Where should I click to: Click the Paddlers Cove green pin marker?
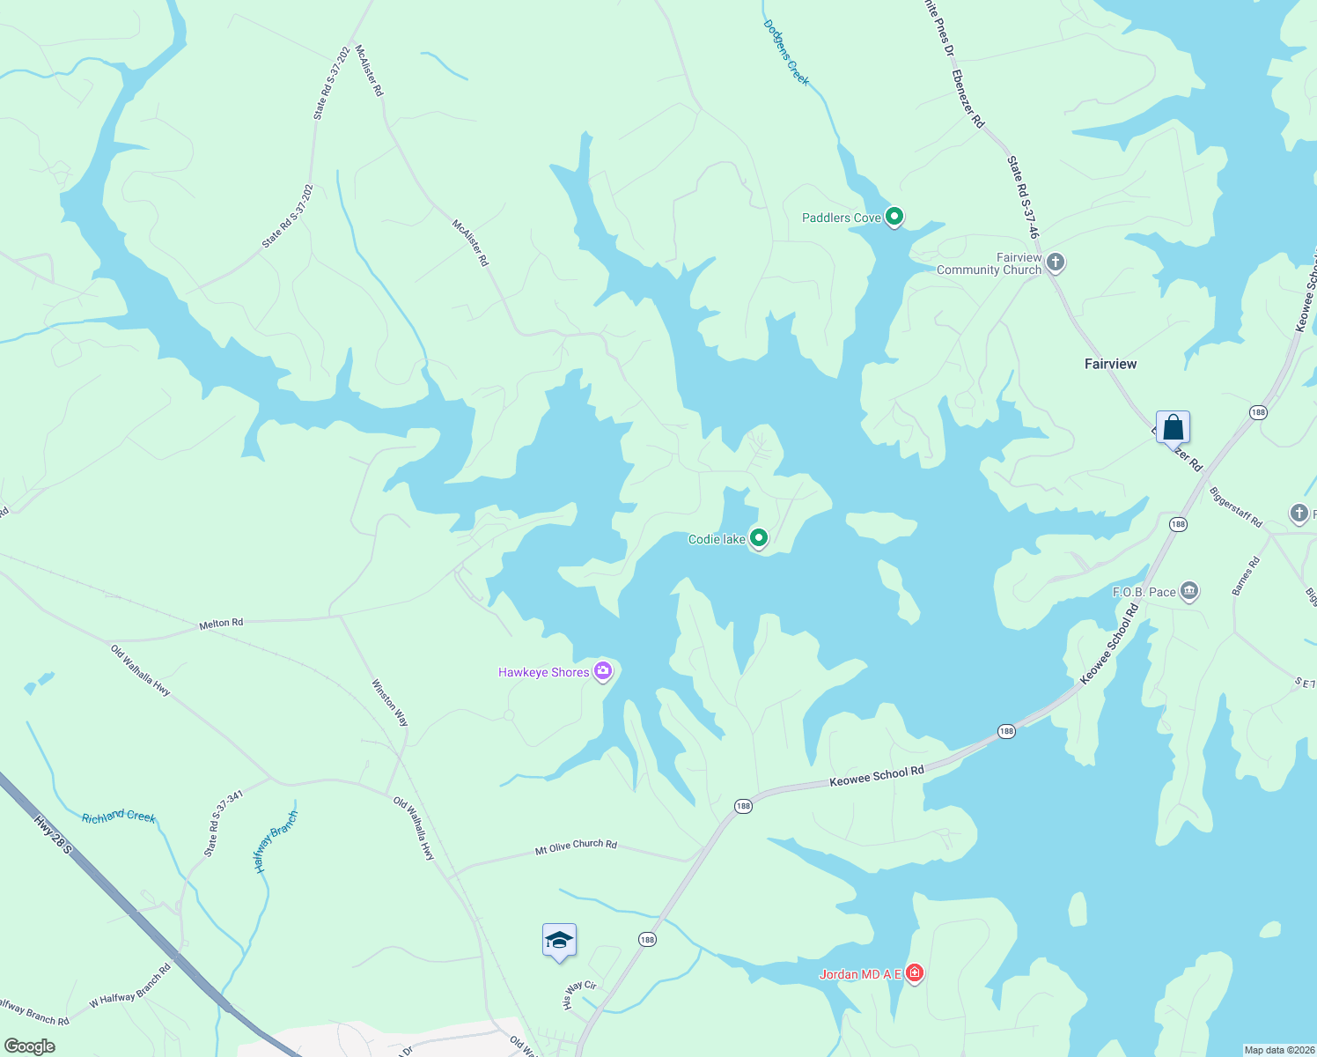894,216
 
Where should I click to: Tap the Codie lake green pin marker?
758,537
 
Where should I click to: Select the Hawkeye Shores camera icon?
603,671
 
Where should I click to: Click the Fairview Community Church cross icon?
1056,262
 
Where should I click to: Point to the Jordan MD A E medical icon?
915,972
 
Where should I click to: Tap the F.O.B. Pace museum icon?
1189,591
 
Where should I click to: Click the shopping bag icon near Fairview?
1173,427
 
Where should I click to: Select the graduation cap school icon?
559,941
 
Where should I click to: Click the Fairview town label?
1110,364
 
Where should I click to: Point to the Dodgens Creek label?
786,53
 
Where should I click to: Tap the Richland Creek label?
118,817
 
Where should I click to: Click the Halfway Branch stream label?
276,842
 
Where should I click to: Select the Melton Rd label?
221,623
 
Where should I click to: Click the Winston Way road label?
390,702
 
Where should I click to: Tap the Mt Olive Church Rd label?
576,847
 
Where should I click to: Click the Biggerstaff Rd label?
1236,506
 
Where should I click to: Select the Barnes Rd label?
1247,576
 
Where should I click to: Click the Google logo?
29,1046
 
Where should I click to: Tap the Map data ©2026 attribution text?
1278,1050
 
